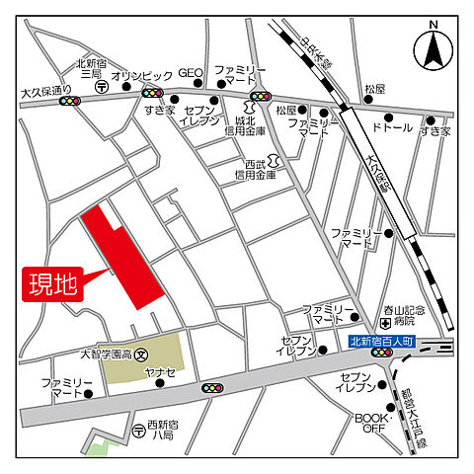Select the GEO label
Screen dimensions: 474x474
191,73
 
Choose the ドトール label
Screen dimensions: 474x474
392,128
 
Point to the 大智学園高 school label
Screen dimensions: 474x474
106,354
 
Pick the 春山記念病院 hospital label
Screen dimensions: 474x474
404,316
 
